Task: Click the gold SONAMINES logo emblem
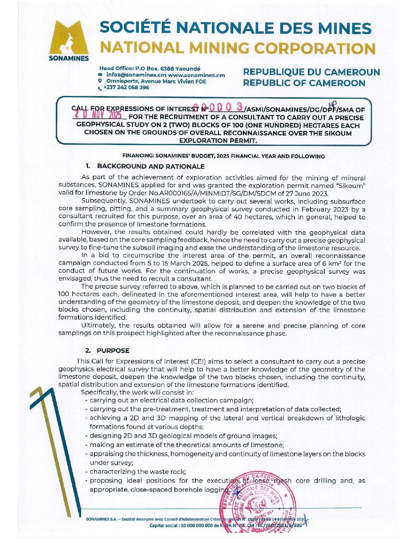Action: tap(69, 37)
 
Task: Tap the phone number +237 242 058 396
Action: tap(126, 88)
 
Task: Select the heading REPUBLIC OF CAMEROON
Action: tap(304, 83)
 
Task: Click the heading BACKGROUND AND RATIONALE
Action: tap(150, 167)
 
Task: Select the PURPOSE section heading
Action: tap(113, 351)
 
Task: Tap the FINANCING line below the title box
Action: tap(223, 156)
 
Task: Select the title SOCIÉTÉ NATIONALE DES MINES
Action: tap(236, 28)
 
